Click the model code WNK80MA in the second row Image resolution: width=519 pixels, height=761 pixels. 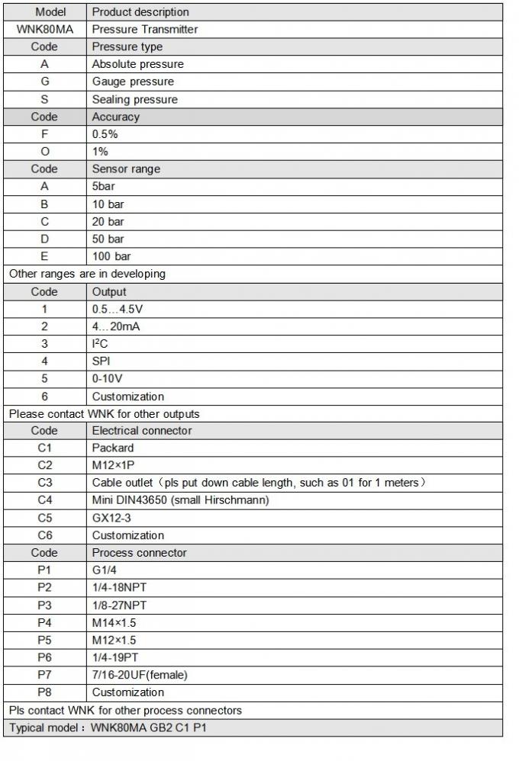(44, 29)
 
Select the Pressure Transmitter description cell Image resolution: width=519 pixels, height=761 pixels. (145, 29)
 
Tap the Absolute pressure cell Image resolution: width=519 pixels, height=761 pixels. (137, 64)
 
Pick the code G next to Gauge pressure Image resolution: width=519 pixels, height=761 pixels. (44, 82)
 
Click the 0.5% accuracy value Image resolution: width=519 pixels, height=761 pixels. (105, 134)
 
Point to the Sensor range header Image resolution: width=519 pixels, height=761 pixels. (126, 169)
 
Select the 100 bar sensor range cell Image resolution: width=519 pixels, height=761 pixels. (111, 256)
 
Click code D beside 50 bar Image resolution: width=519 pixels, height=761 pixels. (44, 239)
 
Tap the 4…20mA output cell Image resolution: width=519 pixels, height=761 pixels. (116, 326)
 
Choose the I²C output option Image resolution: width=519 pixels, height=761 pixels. (101, 344)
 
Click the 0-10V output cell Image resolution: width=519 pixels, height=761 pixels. (108, 379)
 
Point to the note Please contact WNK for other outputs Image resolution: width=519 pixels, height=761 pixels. (104, 414)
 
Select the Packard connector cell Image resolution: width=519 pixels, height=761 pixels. (113, 448)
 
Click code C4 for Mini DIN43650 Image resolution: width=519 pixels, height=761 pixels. (44, 500)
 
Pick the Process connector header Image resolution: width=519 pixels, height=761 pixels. (139, 553)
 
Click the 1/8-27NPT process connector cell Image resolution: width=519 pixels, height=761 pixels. (120, 605)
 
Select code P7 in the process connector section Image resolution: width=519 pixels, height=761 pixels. (44, 675)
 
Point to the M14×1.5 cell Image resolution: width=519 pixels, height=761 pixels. (114, 622)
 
